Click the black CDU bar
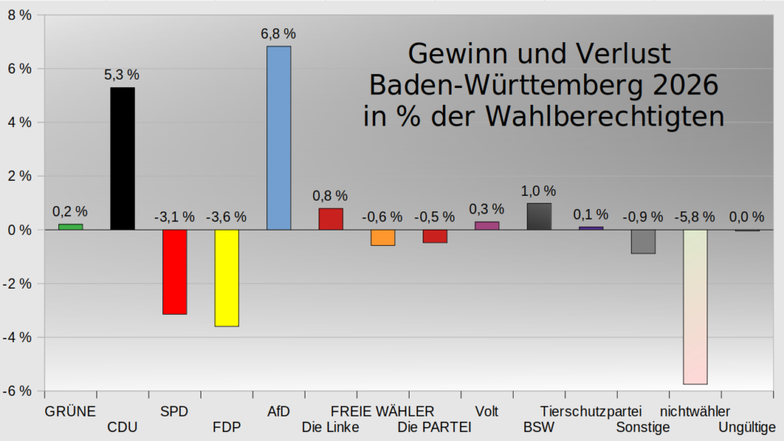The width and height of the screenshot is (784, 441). coord(122,158)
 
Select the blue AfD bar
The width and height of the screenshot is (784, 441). coord(279,138)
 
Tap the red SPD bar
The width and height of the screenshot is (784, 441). coord(175,272)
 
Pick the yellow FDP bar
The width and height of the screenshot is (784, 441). coord(227,278)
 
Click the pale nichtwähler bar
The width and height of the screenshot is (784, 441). coord(694,306)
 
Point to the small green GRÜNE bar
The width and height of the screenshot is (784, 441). coord(70,227)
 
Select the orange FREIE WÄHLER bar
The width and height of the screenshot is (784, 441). coord(383,237)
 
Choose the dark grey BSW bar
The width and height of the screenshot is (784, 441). coord(539,217)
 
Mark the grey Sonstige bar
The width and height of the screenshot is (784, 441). coord(643,241)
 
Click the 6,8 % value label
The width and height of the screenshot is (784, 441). coord(279,34)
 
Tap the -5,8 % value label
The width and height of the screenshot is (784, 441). coord(694,217)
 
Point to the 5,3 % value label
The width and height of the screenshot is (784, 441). coord(122,75)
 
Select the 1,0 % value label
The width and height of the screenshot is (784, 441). coord(539,191)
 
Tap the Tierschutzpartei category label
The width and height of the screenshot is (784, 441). coord(590,411)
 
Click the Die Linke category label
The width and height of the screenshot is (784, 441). coord(331,427)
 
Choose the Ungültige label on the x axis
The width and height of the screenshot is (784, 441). coord(746,427)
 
